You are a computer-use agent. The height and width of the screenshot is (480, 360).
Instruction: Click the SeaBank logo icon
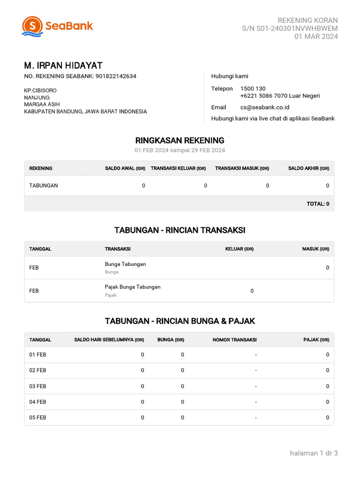pos(32,26)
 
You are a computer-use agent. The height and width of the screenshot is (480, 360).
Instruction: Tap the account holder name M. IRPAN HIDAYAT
pos(63,66)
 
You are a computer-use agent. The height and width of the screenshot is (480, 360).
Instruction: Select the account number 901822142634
pos(116,76)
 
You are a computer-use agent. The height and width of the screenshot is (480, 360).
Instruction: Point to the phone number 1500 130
pos(253,89)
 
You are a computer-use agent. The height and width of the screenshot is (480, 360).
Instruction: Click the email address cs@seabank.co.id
pos(264,107)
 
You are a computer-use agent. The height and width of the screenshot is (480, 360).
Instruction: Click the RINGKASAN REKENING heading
pos(180,140)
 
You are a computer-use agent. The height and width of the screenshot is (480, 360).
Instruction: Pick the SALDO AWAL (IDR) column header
pos(125,168)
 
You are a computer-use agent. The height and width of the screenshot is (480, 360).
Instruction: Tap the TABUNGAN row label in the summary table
pos(44,186)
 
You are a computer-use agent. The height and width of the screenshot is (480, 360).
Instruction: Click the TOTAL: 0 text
pos(318,204)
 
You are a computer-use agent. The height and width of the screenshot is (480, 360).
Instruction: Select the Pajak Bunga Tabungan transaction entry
pos(133,287)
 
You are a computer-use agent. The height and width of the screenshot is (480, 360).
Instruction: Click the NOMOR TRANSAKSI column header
pos(234,340)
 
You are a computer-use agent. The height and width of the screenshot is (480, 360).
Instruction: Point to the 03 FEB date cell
pos(37,386)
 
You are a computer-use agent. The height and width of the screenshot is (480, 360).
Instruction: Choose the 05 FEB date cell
pos(37,417)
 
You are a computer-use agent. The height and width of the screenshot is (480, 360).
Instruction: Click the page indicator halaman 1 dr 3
pos(314,453)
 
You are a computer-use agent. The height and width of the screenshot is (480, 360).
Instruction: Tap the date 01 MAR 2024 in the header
pos(316,37)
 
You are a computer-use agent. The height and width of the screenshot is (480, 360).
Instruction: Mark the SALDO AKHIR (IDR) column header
pos(308,168)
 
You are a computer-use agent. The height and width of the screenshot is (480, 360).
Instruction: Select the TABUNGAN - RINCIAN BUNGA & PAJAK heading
pos(180,321)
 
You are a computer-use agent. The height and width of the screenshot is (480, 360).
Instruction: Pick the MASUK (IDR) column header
pos(315,249)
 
